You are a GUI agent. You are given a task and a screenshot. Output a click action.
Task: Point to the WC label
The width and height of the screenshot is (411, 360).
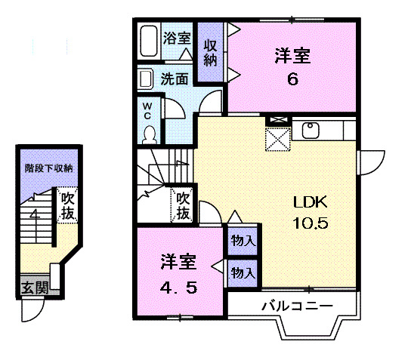[148, 110]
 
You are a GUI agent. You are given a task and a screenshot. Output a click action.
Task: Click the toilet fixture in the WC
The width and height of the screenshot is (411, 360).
[149, 133]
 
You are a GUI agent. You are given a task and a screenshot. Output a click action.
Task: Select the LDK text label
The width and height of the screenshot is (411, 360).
[310, 202]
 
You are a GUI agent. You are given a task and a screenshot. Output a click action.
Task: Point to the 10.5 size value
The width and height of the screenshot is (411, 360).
[311, 223]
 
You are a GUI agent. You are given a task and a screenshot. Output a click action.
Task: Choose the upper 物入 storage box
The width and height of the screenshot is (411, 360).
[243, 241]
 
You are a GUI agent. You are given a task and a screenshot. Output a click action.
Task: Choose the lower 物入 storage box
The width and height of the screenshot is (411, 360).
[243, 270]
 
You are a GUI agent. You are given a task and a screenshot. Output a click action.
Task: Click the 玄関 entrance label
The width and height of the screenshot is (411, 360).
[33, 288]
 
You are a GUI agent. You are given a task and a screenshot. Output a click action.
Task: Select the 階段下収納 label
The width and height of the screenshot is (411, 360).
[48, 168]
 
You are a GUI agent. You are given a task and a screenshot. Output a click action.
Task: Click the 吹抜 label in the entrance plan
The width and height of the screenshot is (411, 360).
[68, 206]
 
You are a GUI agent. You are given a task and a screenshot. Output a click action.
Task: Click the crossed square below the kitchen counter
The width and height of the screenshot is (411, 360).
[277, 139]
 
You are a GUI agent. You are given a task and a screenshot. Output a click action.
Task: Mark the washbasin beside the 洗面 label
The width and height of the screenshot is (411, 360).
[147, 78]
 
